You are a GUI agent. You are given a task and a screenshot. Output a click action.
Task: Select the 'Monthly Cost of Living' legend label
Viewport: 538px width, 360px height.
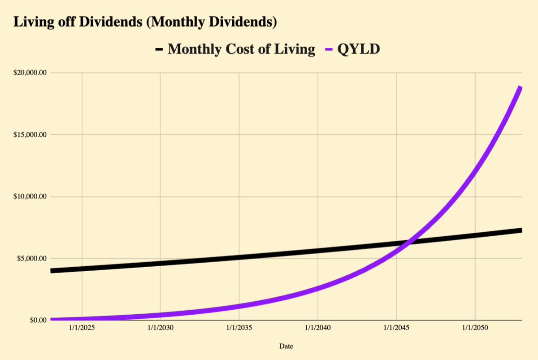coord(241,49)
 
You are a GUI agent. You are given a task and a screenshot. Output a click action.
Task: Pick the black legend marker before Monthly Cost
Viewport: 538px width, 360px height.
coord(159,49)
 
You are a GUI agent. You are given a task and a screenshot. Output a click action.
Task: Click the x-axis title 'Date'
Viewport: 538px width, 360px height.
coord(286,346)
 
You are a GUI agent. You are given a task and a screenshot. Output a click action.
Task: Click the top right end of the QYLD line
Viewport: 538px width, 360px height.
coord(521,88)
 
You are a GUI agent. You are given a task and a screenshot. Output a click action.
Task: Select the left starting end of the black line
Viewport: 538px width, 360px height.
coord(52,271)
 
